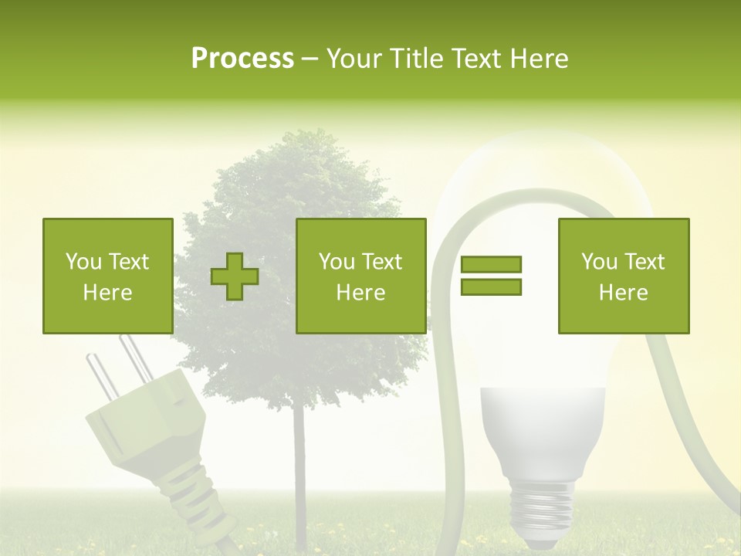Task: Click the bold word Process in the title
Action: point(242,59)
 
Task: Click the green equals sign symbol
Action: point(491,276)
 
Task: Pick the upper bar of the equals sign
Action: point(491,265)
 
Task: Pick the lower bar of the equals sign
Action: point(491,286)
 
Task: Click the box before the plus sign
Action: point(107,276)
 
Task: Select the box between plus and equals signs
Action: point(360,276)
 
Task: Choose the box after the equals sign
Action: point(623,276)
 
